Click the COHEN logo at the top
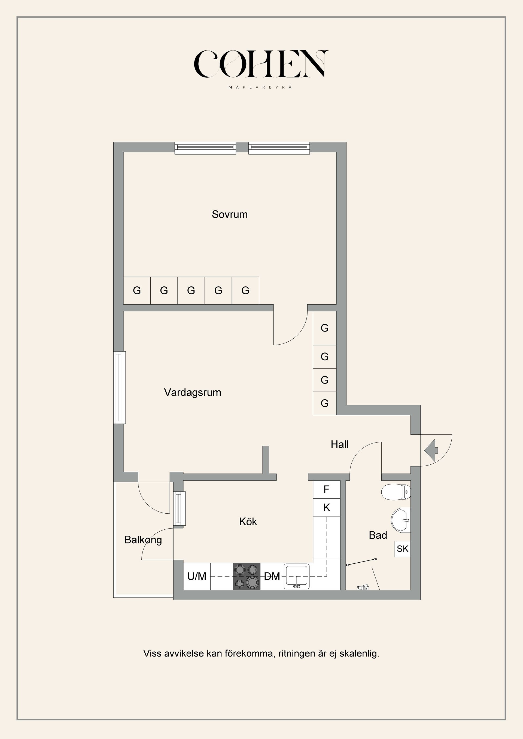click(x=261, y=64)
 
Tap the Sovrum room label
click(x=230, y=214)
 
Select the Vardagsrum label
click(x=193, y=392)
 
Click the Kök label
click(x=248, y=522)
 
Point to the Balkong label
click(x=143, y=540)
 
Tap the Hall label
click(x=340, y=444)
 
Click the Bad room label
click(x=378, y=535)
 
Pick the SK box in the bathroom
click(x=403, y=549)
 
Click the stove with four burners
click(x=246, y=577)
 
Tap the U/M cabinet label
click(x=197, y=577)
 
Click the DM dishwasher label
click(x=272, y=577)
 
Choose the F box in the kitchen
click(x=327, y=490)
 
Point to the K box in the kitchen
click(x=327, y=508)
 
